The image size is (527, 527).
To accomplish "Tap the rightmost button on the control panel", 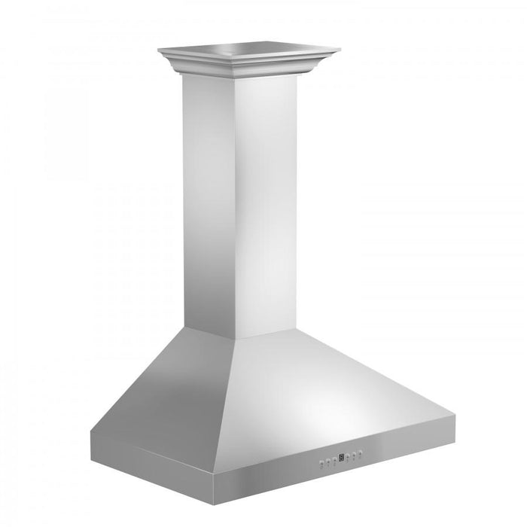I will pyautogui.click(x=361, y=452).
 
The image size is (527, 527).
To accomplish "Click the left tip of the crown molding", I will pyautogui.click(x=160, y=50).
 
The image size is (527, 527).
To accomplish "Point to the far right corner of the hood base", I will pyautogui.click(x=455, y=414).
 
